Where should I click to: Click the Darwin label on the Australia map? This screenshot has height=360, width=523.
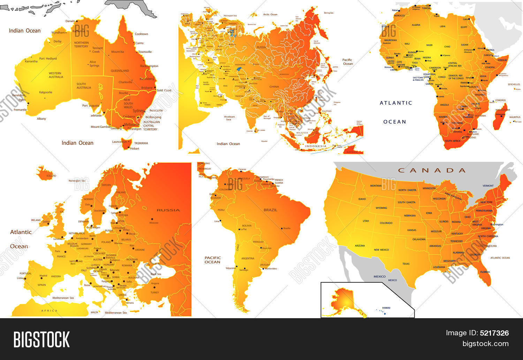70,21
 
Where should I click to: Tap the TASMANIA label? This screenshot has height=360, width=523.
141,143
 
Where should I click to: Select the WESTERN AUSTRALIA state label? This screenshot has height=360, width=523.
55,75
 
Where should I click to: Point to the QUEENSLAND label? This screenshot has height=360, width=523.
120,71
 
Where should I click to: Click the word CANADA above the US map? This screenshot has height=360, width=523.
432,170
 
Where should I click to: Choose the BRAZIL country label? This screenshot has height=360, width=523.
270,210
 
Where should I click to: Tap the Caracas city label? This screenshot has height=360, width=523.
242,170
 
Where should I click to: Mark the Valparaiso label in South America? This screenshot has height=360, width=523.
230,268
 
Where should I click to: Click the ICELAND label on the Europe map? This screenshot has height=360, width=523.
51,176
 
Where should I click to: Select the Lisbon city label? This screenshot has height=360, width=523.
20,278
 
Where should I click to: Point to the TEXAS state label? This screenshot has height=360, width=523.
406,264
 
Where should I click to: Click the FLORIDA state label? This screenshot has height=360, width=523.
485,272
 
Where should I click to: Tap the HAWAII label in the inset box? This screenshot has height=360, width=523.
386,308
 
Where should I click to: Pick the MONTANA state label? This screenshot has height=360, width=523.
376,186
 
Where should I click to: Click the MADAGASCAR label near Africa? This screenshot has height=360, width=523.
503,110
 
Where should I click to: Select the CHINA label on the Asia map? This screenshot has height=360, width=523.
274,86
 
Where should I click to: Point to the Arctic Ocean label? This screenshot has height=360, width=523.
270,15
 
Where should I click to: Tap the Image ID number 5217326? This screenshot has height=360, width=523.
494,333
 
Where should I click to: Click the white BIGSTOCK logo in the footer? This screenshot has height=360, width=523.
41,339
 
